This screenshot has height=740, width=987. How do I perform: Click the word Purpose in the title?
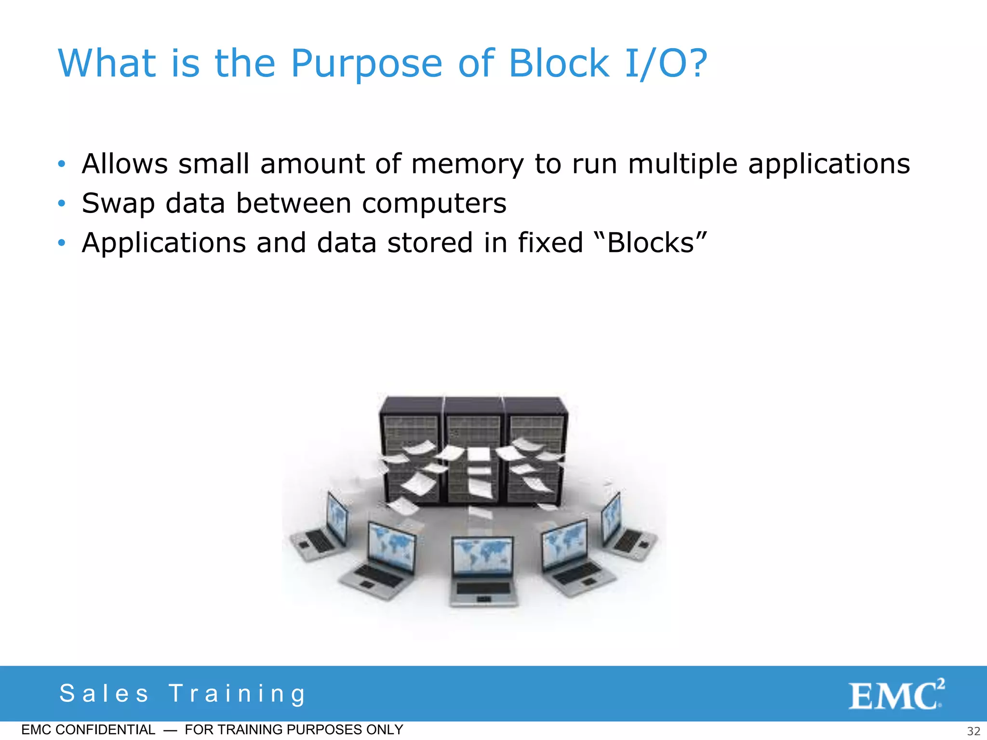pyautogui.click(x=366, y=64)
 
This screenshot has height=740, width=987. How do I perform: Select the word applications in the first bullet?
pyautogui.click(x=829, y=164)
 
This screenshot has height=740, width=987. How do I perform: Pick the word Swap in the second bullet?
pyautogui.click(x=118, y=204)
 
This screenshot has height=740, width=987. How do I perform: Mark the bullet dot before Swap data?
pyautogui.click(x=61, y=204)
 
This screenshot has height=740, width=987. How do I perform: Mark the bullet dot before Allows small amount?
pyautogui.click(x=61, y=164)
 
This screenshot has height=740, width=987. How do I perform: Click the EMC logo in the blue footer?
pyautogui.click(x=896, y=695)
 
